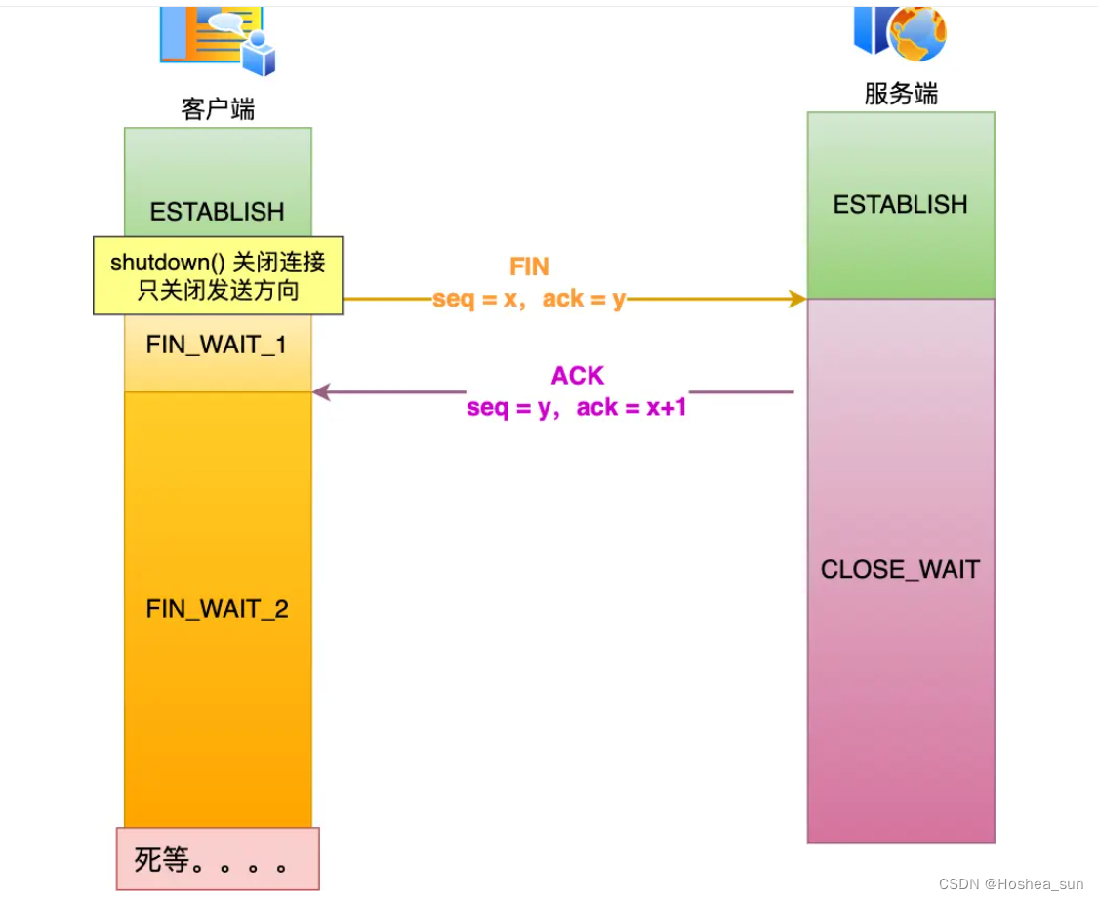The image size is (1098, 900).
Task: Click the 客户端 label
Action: (218, 108)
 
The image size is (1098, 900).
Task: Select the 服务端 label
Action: (900, 94)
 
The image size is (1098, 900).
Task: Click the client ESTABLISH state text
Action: (218, 212)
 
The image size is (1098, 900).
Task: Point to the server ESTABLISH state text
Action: (900, 205)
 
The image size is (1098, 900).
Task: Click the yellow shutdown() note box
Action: (218, 275)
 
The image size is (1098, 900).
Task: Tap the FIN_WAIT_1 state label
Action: (217, 345)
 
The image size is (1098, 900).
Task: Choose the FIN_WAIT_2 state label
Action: (218, 609)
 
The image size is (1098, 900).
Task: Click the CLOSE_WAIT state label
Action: (900, 570)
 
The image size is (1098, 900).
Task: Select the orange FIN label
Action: (529, 267)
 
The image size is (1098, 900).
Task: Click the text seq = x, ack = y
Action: (529, 299)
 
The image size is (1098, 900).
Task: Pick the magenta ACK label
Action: (578, 376)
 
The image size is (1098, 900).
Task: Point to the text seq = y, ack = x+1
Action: (577, 407)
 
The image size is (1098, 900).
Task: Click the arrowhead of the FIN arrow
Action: (797, 299)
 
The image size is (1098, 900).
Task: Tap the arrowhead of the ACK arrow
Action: (321, 392)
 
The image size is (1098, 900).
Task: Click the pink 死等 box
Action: (218, 859)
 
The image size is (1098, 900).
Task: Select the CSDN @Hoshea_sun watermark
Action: (1011, 883)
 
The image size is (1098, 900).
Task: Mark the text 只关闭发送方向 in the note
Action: (218, 290)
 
